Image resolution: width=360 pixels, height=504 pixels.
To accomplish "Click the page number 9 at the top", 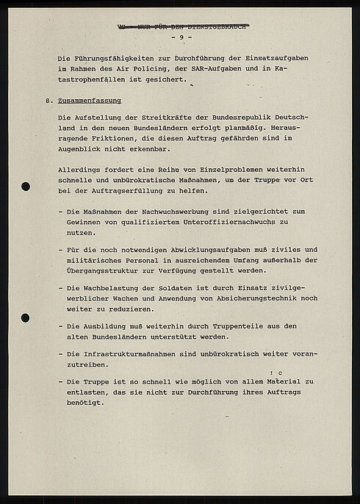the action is (x=180, y=37).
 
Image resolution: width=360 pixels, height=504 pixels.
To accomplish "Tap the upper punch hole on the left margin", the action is (x=26, y=185).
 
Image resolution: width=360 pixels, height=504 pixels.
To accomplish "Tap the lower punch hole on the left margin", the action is (x=26, y=318).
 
